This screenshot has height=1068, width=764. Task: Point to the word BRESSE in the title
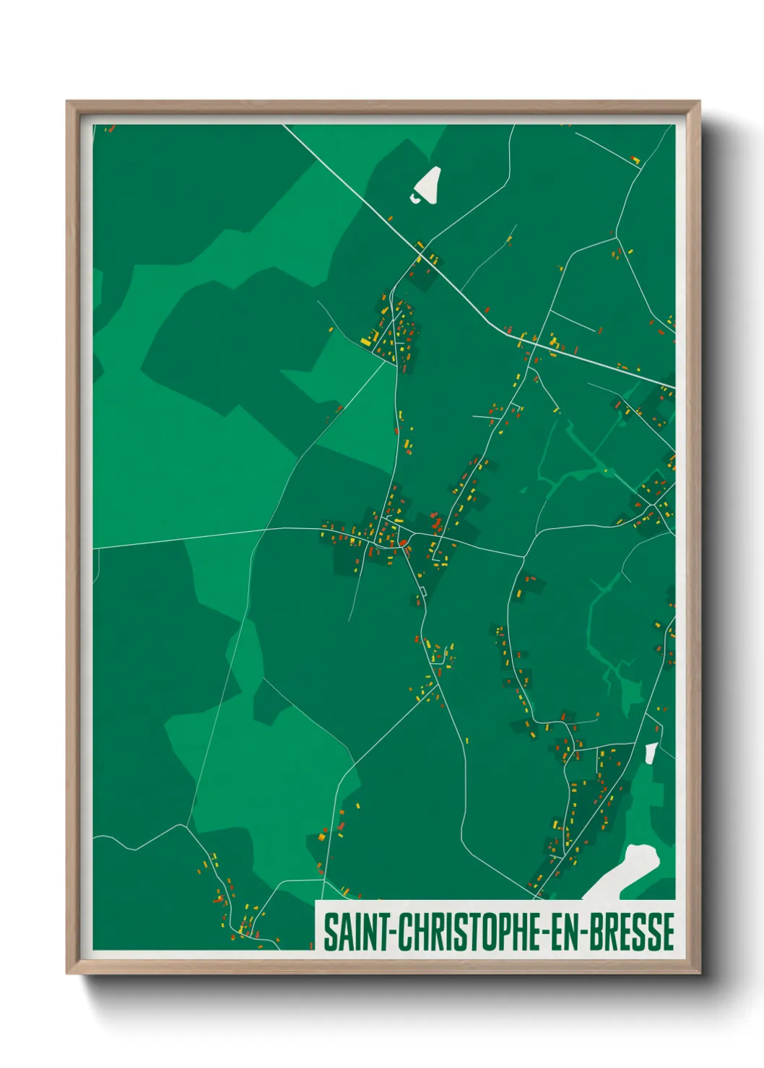632,932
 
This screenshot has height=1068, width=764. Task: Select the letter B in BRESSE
596,932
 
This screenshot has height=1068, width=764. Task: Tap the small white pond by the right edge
651,753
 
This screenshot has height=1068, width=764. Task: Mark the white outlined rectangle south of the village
420,592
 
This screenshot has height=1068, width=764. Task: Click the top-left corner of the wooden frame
68,102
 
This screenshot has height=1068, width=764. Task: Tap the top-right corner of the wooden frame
699,102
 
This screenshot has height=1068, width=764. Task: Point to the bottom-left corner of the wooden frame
68,973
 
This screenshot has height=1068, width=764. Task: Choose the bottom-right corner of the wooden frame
699,973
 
